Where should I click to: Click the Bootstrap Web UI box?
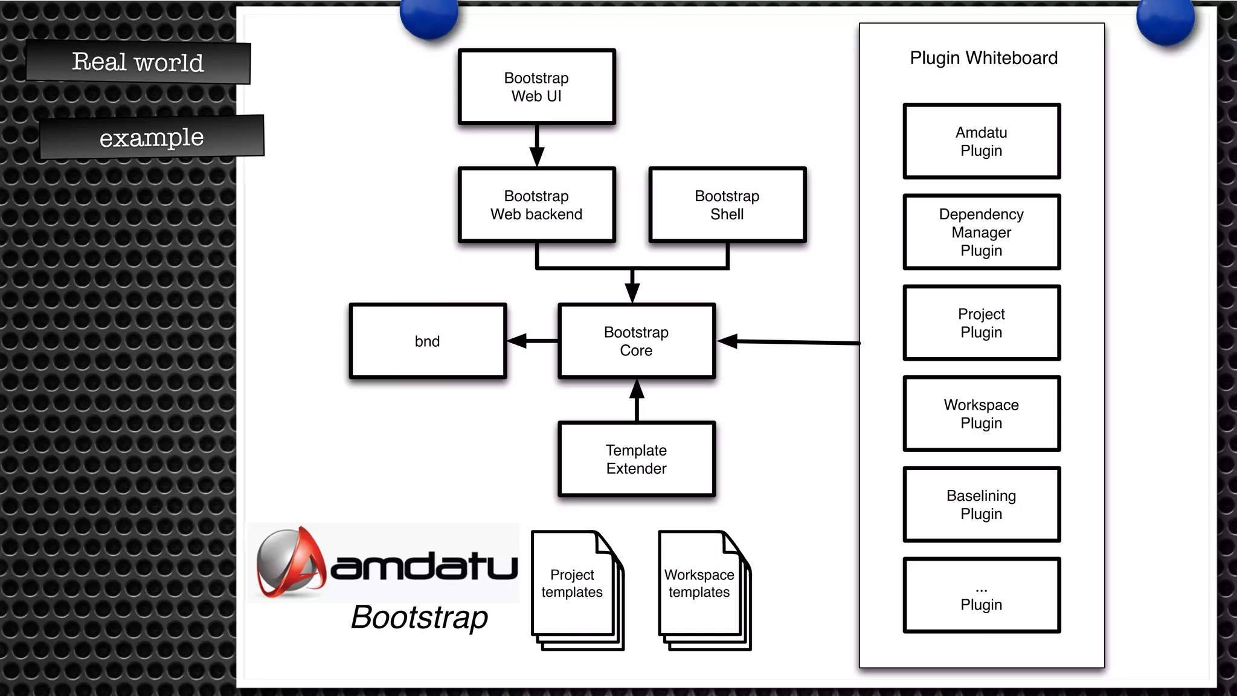536,87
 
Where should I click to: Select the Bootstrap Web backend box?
536,205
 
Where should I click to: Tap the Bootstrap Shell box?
727,205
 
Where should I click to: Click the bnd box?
428,341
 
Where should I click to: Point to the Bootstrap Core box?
637,341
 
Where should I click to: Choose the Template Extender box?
637,459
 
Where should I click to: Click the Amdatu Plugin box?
982,141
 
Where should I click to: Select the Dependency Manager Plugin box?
982,232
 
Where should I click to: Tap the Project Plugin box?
982,323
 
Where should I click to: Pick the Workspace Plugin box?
982,414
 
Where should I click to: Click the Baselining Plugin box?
982,504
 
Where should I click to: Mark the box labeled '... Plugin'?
982,596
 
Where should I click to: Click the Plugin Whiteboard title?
983,58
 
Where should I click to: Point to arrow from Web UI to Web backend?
537,145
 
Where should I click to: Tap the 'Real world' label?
138,62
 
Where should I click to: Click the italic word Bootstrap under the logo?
419,617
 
